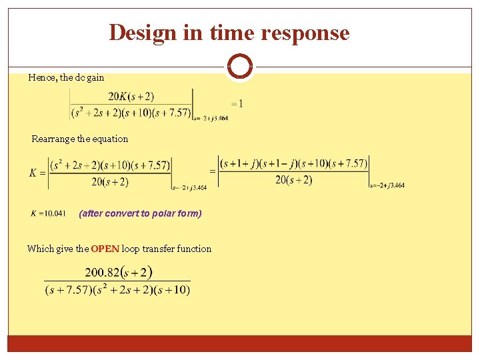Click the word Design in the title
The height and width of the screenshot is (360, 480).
142,32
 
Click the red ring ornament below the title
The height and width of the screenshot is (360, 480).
239,66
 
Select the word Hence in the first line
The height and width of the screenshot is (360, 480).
41,77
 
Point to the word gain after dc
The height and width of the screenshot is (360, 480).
95,77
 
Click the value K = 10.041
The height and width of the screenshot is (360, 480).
48,213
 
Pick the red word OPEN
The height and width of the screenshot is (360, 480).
105,249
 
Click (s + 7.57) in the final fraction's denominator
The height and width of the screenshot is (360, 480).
65,289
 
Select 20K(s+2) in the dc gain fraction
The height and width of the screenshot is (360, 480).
131,97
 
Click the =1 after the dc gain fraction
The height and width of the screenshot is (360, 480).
237,103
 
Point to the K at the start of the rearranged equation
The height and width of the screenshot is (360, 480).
33,173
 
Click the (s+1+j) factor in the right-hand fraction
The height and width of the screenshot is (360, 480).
241,163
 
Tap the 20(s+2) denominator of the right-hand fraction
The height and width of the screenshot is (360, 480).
293,180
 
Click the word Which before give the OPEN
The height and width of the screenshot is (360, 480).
41,249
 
